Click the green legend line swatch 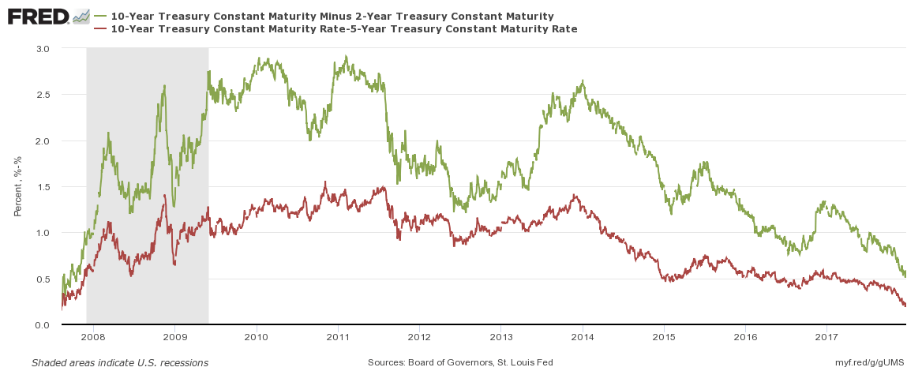pyautogui.click(x=99, y=16)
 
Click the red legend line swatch pyautogui.click(x=99, y=28)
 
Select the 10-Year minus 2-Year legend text pyautogui.click(x=332, y=16)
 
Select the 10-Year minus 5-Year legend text pyautogui.click(x=344, y=28)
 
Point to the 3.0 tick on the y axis pyautogui.click(x=43, y=48)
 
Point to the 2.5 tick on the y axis pyautogui.click(x=43, y=95)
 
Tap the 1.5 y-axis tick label pyautogui.click(x=43, y=187)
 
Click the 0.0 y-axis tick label pyautogui.click(x=43, y=325)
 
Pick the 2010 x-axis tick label pyautogui.click(x=256, y=337)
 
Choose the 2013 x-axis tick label pyautogui.click(x=500, y=337)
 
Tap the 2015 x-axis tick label pyautogui.click(x=664, y=337)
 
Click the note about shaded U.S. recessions pyautogui.click(x=120, y=362)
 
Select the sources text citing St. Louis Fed pyautogui.click(x=460, y=362)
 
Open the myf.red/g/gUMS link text pyautogui.click(x=868, y=362)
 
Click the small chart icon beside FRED pyautogui.click(x=81, y=16)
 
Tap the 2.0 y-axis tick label pyautogui.click(x=43, y=141)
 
